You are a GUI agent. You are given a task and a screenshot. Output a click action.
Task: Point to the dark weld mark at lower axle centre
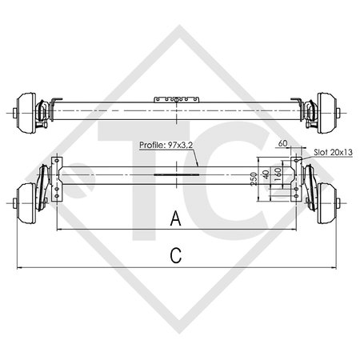178,173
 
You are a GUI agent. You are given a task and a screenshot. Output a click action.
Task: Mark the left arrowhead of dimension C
20,266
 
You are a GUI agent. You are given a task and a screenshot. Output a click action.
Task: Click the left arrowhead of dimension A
58,228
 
